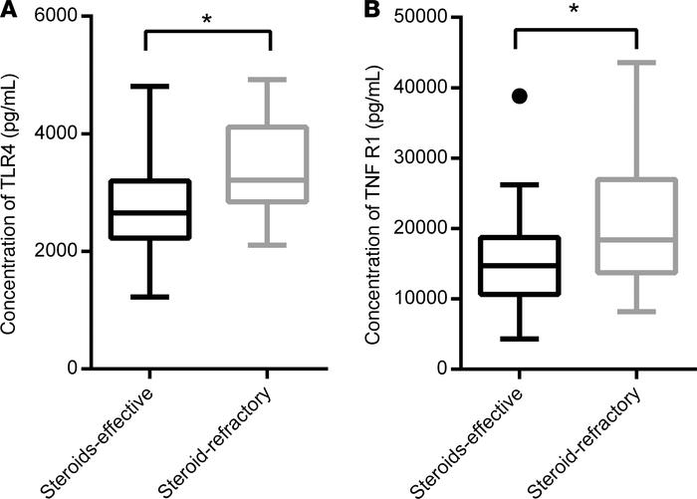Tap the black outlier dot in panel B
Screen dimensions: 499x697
519,96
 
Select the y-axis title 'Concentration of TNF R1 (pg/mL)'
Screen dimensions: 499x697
373,193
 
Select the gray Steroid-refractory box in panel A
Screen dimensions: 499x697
270,165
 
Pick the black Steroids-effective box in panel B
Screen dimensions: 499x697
519,266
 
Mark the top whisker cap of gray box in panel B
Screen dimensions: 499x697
637,63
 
